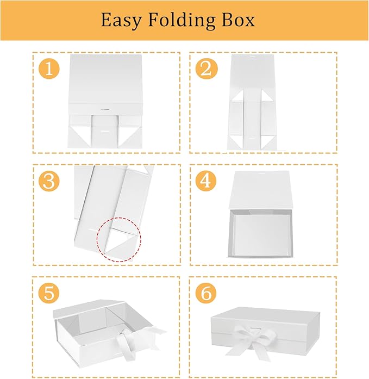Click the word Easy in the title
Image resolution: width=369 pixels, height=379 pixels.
121,21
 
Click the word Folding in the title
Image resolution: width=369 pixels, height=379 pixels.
182,21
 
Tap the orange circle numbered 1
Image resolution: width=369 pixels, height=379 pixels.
49,69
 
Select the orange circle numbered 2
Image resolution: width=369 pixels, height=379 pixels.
206,69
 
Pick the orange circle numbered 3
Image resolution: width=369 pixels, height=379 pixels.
49,181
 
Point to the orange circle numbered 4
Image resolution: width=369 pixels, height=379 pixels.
206,181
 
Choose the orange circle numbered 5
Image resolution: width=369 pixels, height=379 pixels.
49,293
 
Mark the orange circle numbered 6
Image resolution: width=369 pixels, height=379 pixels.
206,293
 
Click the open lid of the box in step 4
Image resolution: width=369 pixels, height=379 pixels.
260,190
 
